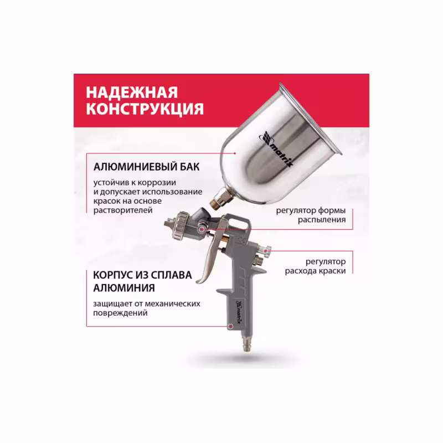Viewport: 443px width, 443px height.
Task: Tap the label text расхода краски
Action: (x=316, y=271)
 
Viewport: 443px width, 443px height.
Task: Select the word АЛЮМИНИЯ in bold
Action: (x=121, y=289)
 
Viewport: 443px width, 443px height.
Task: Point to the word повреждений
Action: (x=120, y=313)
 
